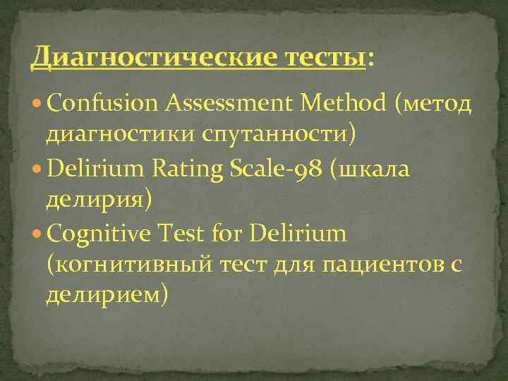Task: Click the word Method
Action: [x=342, y=104]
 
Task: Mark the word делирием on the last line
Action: [x=107, y=292]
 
